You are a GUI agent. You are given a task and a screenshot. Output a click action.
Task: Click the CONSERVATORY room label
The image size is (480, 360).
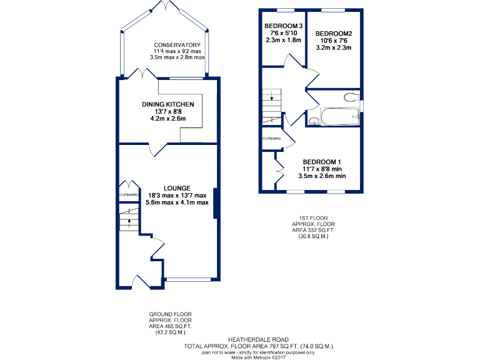177,45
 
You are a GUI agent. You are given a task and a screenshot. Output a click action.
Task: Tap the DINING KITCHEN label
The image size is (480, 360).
167,104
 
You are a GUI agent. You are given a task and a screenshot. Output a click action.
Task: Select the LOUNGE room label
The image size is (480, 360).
177,187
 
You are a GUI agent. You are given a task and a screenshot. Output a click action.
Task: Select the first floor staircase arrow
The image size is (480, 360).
272,96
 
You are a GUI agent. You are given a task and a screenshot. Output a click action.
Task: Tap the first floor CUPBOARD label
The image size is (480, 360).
271,138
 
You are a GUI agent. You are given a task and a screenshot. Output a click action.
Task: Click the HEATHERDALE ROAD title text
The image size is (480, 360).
258,339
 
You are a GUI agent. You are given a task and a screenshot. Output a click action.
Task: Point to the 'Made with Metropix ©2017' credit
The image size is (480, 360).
258,357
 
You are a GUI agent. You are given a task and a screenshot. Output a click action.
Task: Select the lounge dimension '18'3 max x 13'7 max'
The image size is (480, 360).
177,195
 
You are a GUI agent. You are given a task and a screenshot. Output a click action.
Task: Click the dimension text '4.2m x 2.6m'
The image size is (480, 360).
167,118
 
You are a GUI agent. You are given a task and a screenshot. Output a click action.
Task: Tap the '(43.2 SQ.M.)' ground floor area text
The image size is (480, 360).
170,332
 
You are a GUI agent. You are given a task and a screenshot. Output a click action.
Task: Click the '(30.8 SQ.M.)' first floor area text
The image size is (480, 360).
313,236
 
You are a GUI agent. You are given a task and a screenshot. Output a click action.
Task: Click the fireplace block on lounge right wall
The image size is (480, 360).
216,204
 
